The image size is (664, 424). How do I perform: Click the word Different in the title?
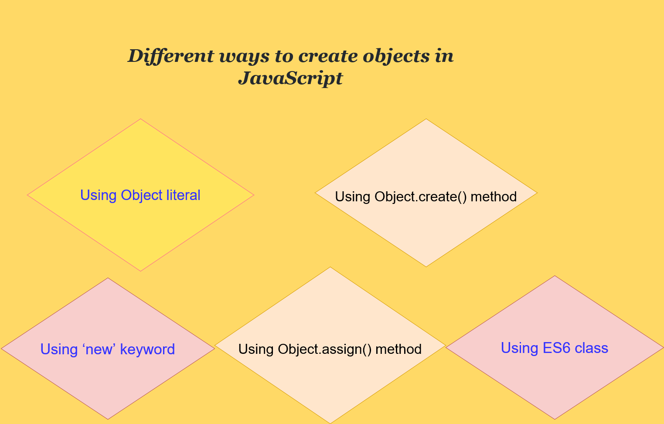[x=171, y=56]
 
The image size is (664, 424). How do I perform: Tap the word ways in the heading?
[x=244, y=57]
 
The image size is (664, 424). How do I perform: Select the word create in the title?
[x=328, y=56]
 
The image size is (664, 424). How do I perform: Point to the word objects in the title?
[x=396, y=56]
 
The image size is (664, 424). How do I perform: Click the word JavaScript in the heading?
[x=290, y=78]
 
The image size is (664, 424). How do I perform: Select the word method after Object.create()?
[x=494, y=197]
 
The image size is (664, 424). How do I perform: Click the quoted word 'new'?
[x=99, y=349]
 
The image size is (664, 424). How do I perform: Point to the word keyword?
[x=147, y=349]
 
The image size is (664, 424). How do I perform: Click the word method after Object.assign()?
[x=398, y=349]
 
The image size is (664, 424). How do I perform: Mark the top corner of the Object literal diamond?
[x=140, y=119]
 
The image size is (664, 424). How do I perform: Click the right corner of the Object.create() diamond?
[x=538, y=193]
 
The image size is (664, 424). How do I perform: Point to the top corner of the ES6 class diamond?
[x=555, y=275]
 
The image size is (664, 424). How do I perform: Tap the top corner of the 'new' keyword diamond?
[x=108, y=278]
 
